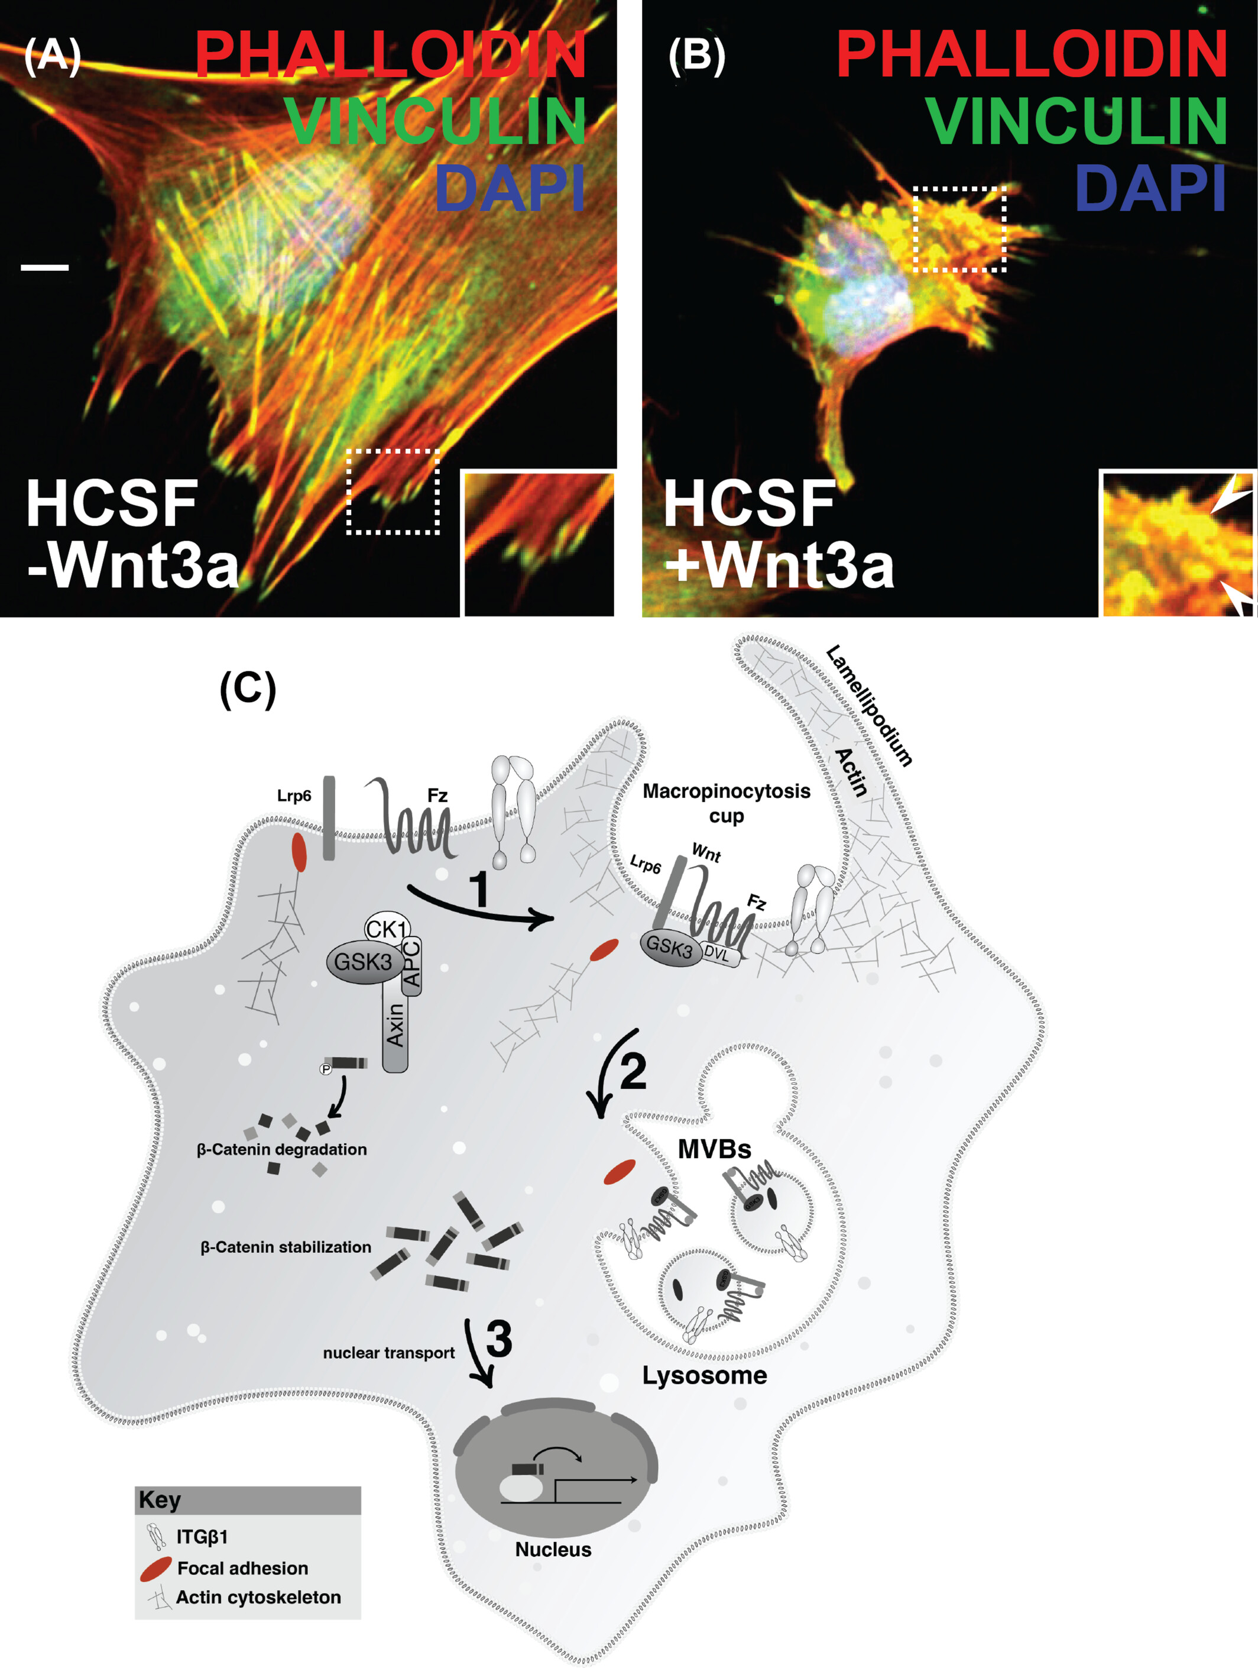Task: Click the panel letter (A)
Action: [52, 55]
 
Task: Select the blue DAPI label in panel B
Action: [1150, 189]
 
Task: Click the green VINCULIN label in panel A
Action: [435, 121]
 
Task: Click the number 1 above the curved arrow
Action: [479, 888]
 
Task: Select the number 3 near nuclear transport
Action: [498, 1339]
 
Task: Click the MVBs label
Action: [714, 1149]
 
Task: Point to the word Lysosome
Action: [704, 1375]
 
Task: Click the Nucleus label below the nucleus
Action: [553, 1550]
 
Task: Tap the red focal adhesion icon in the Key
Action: [156, 1569]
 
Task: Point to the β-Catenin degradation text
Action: [281, 1149]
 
